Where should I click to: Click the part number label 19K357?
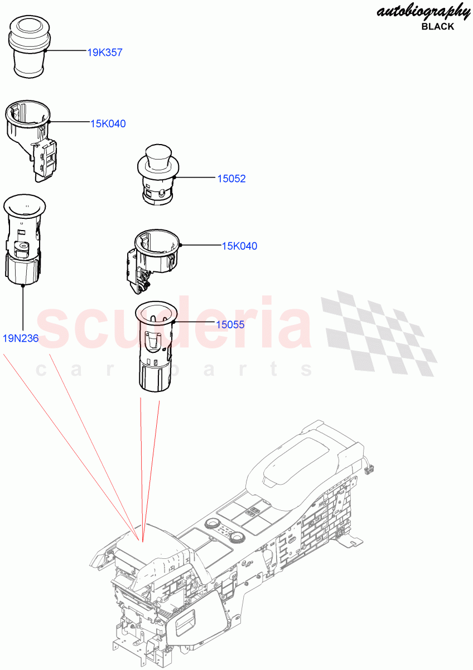click(105, 52)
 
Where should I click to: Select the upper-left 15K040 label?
click(108, 123)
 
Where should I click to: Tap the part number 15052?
click(231, 179)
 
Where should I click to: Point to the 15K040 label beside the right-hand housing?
click(240, 246)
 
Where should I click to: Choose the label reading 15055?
click(231, 324)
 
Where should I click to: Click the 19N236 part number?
click(21, 338)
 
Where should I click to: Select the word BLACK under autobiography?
click(438, 26)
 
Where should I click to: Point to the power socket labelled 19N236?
click(23, 240)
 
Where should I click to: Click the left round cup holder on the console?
click(212, 524)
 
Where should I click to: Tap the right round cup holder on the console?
click(238, 538)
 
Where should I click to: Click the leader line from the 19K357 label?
click(67, 51)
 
